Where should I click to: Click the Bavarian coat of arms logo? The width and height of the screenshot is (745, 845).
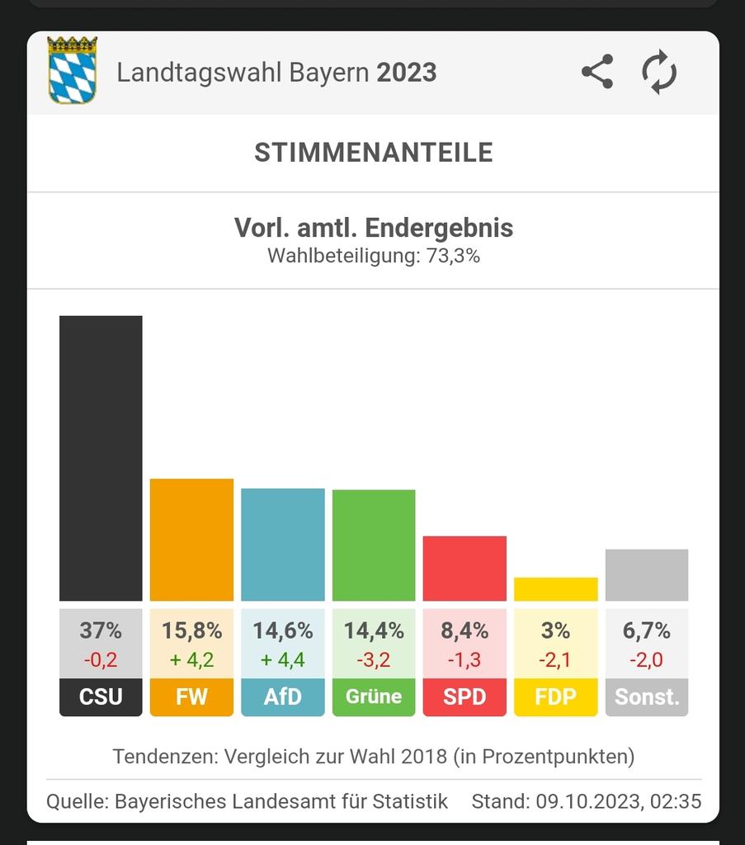pos(73,70)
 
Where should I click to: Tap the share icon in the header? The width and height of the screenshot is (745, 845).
pos(597,72)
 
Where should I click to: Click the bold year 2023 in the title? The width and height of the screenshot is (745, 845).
pos(407,73)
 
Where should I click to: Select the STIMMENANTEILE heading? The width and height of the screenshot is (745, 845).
pos(373,153)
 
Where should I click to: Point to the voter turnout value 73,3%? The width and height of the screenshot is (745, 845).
pos(453,256)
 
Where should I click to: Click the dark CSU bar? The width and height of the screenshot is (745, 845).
pos(101,458)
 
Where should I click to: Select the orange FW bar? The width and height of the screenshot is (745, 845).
pos(191,540)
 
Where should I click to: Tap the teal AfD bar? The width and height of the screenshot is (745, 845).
pos(283,545)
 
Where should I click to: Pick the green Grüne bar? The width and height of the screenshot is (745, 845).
pos(374,545)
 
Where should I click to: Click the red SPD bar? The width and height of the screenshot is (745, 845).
pos(464,569)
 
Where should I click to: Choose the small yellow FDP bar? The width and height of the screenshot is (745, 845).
pos(555,589)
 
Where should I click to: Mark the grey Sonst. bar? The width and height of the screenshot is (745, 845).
pos(647,575)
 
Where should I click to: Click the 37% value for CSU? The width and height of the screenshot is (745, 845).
pos(101,631)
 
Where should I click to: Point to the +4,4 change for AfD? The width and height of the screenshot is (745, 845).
pos(283,660)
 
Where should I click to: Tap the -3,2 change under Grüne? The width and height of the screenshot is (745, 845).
pos(374,660)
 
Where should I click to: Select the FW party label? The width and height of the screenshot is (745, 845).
pos(191,697)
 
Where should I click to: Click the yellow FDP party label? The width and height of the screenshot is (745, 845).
pos(555,697)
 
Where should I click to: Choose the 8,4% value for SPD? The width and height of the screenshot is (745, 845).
pos(464,631)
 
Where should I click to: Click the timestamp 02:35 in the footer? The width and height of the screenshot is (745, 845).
pos(677,801)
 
